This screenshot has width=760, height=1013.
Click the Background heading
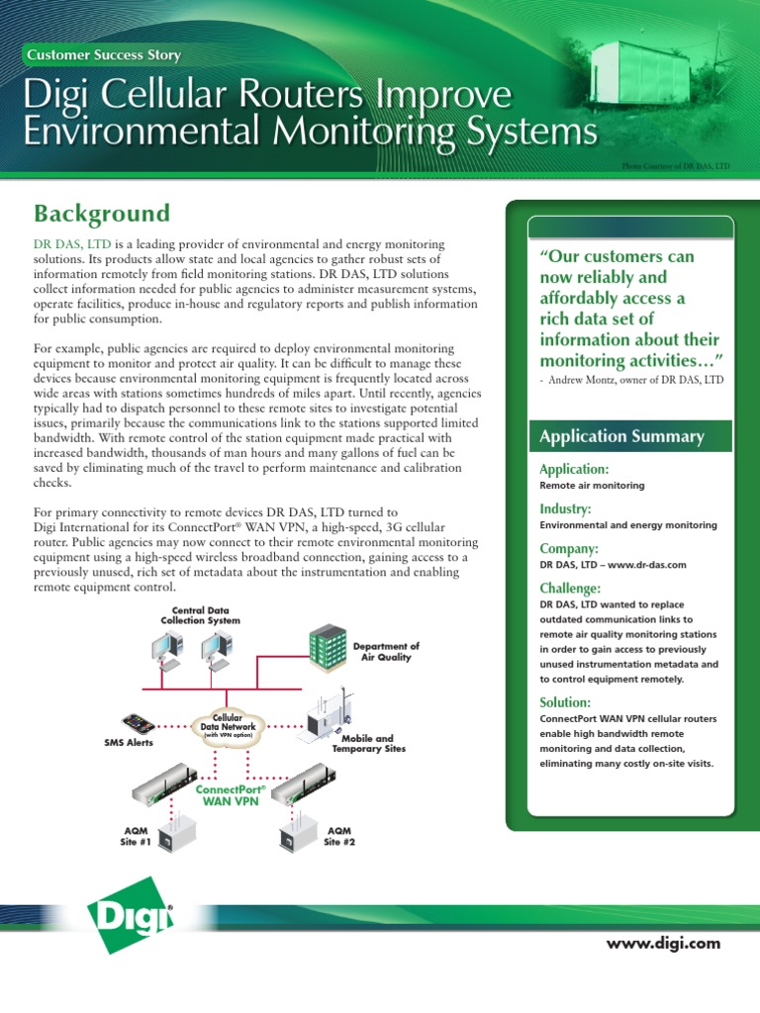(102, 214)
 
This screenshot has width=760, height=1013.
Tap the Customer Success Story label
(104, 55)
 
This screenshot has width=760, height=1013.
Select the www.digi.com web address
(664, 943)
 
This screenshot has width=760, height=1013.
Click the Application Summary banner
(620, 436)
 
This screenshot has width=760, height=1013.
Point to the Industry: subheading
(566, 508)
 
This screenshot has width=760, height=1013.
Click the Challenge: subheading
(571, 588)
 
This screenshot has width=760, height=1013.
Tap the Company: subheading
(570, 548)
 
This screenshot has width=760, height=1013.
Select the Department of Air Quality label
(386, 651)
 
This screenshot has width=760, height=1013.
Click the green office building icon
(327, 647)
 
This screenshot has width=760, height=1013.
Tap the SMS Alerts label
(129, 743)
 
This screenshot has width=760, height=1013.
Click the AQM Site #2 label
(339, 836)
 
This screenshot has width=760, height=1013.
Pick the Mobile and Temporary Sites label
(368, 743)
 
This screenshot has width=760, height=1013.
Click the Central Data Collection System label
(200, 615)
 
